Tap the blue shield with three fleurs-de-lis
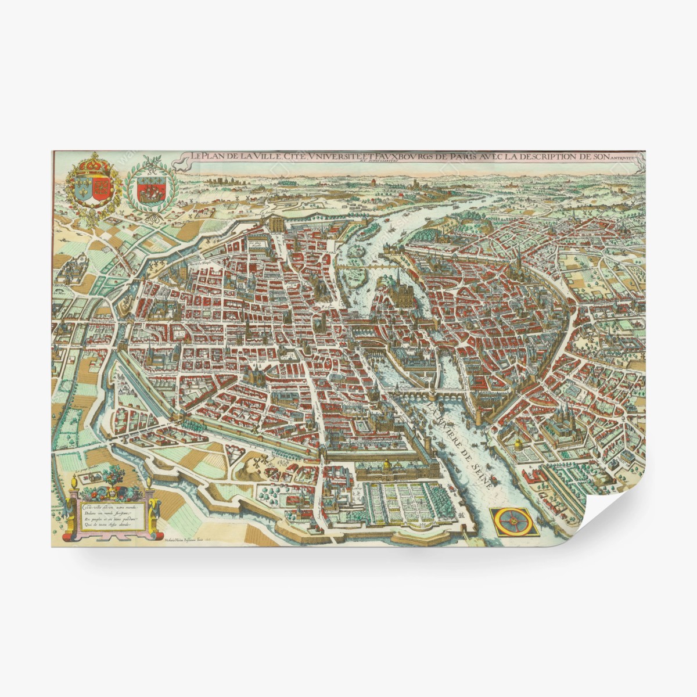click(x=83, y=190)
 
